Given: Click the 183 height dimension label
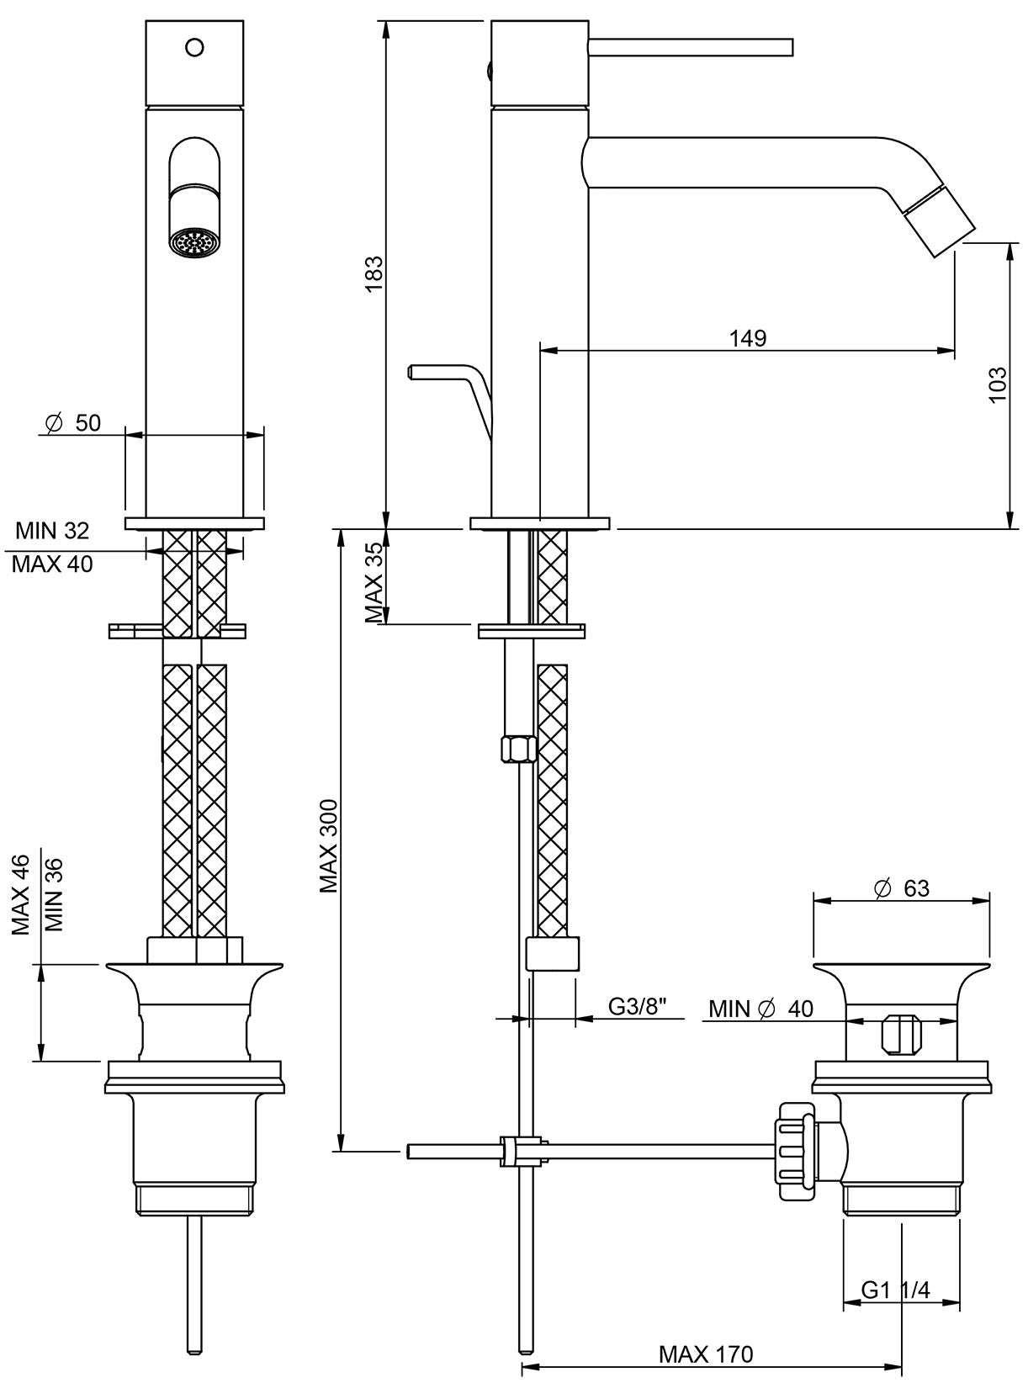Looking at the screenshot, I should [374, 273].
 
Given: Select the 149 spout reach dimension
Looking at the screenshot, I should [747, 338].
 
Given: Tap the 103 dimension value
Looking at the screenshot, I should [997, 384].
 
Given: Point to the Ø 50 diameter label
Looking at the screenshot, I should [73, 422].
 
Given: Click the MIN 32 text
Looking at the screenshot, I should [52, 530].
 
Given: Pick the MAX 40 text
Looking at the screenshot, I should [52, 564].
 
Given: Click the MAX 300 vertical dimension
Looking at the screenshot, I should [328, 845].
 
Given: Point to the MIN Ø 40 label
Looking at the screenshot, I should [760, 1008].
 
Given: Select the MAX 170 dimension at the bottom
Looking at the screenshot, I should [706, 1354].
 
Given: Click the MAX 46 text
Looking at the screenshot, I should [20, 894].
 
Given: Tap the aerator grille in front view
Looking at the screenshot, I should [194, 243].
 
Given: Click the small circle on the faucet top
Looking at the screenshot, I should [194, 47].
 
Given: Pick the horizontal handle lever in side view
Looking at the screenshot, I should [690, 47].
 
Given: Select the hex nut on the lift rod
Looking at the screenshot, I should [517, 748].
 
